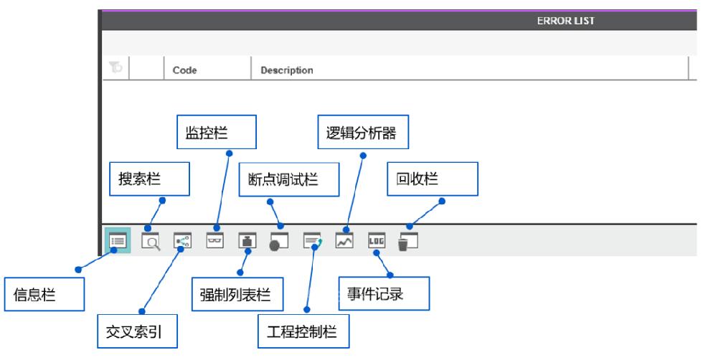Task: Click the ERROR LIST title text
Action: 565,21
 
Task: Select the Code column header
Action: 185,70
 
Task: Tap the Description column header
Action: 287,70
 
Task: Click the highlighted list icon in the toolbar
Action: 118,241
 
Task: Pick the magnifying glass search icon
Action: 151,241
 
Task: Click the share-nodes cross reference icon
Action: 182,241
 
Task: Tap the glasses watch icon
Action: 214,240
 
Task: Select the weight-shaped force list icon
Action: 247,240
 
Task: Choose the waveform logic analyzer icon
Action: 344,240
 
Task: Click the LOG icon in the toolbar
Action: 376,240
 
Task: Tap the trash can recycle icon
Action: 407,242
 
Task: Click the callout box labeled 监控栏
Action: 217,132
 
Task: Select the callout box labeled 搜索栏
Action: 149,179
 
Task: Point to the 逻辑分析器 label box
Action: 363,132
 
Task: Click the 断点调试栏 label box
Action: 288,179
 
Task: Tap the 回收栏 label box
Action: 433,179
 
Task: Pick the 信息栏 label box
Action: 44,294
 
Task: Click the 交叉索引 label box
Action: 137,331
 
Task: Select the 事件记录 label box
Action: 384,293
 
